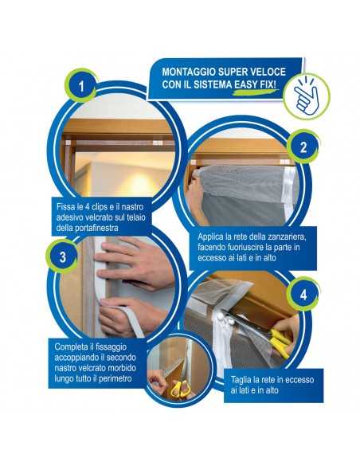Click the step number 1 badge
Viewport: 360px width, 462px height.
click(81, 86)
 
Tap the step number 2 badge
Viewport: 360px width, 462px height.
click(303, 147)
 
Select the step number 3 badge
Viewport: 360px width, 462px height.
click(62, 257)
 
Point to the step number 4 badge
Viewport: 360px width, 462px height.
click(303, 295)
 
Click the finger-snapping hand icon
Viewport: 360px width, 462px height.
click(307, 96)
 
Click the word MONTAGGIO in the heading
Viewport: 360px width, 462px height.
click(186, 72)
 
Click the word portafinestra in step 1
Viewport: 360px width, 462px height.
click(91, 228)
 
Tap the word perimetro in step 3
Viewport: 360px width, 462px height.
click(115, 378)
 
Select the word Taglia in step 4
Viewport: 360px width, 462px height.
click(240, 380)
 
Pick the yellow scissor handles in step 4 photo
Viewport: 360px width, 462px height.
click(280, 342)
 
